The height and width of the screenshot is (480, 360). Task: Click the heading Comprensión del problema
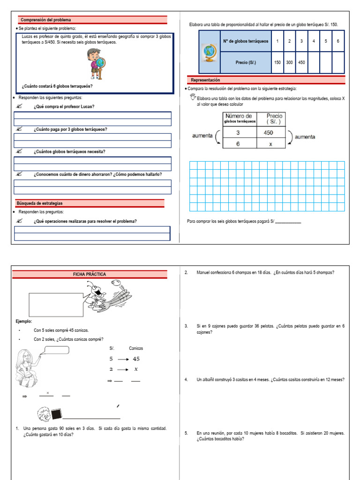tap(45, 20)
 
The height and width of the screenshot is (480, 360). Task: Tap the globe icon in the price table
tap(208, 52)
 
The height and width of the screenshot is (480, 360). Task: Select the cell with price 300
tap(289, 62)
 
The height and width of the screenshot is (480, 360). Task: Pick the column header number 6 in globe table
tap(338, 41)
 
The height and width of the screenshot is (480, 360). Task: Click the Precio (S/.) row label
tap(246, 62)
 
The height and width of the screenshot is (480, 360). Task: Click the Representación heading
tap(205, 80)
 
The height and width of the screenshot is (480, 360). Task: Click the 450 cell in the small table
tap(270, 133)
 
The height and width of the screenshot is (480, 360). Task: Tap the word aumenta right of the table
tap(305, 137)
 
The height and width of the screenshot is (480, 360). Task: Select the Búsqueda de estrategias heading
tap(39, 203)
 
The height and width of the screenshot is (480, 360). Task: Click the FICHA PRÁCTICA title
tap(90, 274)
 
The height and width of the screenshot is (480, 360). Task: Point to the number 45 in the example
tap(136, 359)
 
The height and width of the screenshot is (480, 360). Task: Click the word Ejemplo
tap(24, 322)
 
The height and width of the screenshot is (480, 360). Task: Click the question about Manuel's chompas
tap(265, 273)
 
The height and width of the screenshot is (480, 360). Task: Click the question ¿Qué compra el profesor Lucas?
tap(64, 106)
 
